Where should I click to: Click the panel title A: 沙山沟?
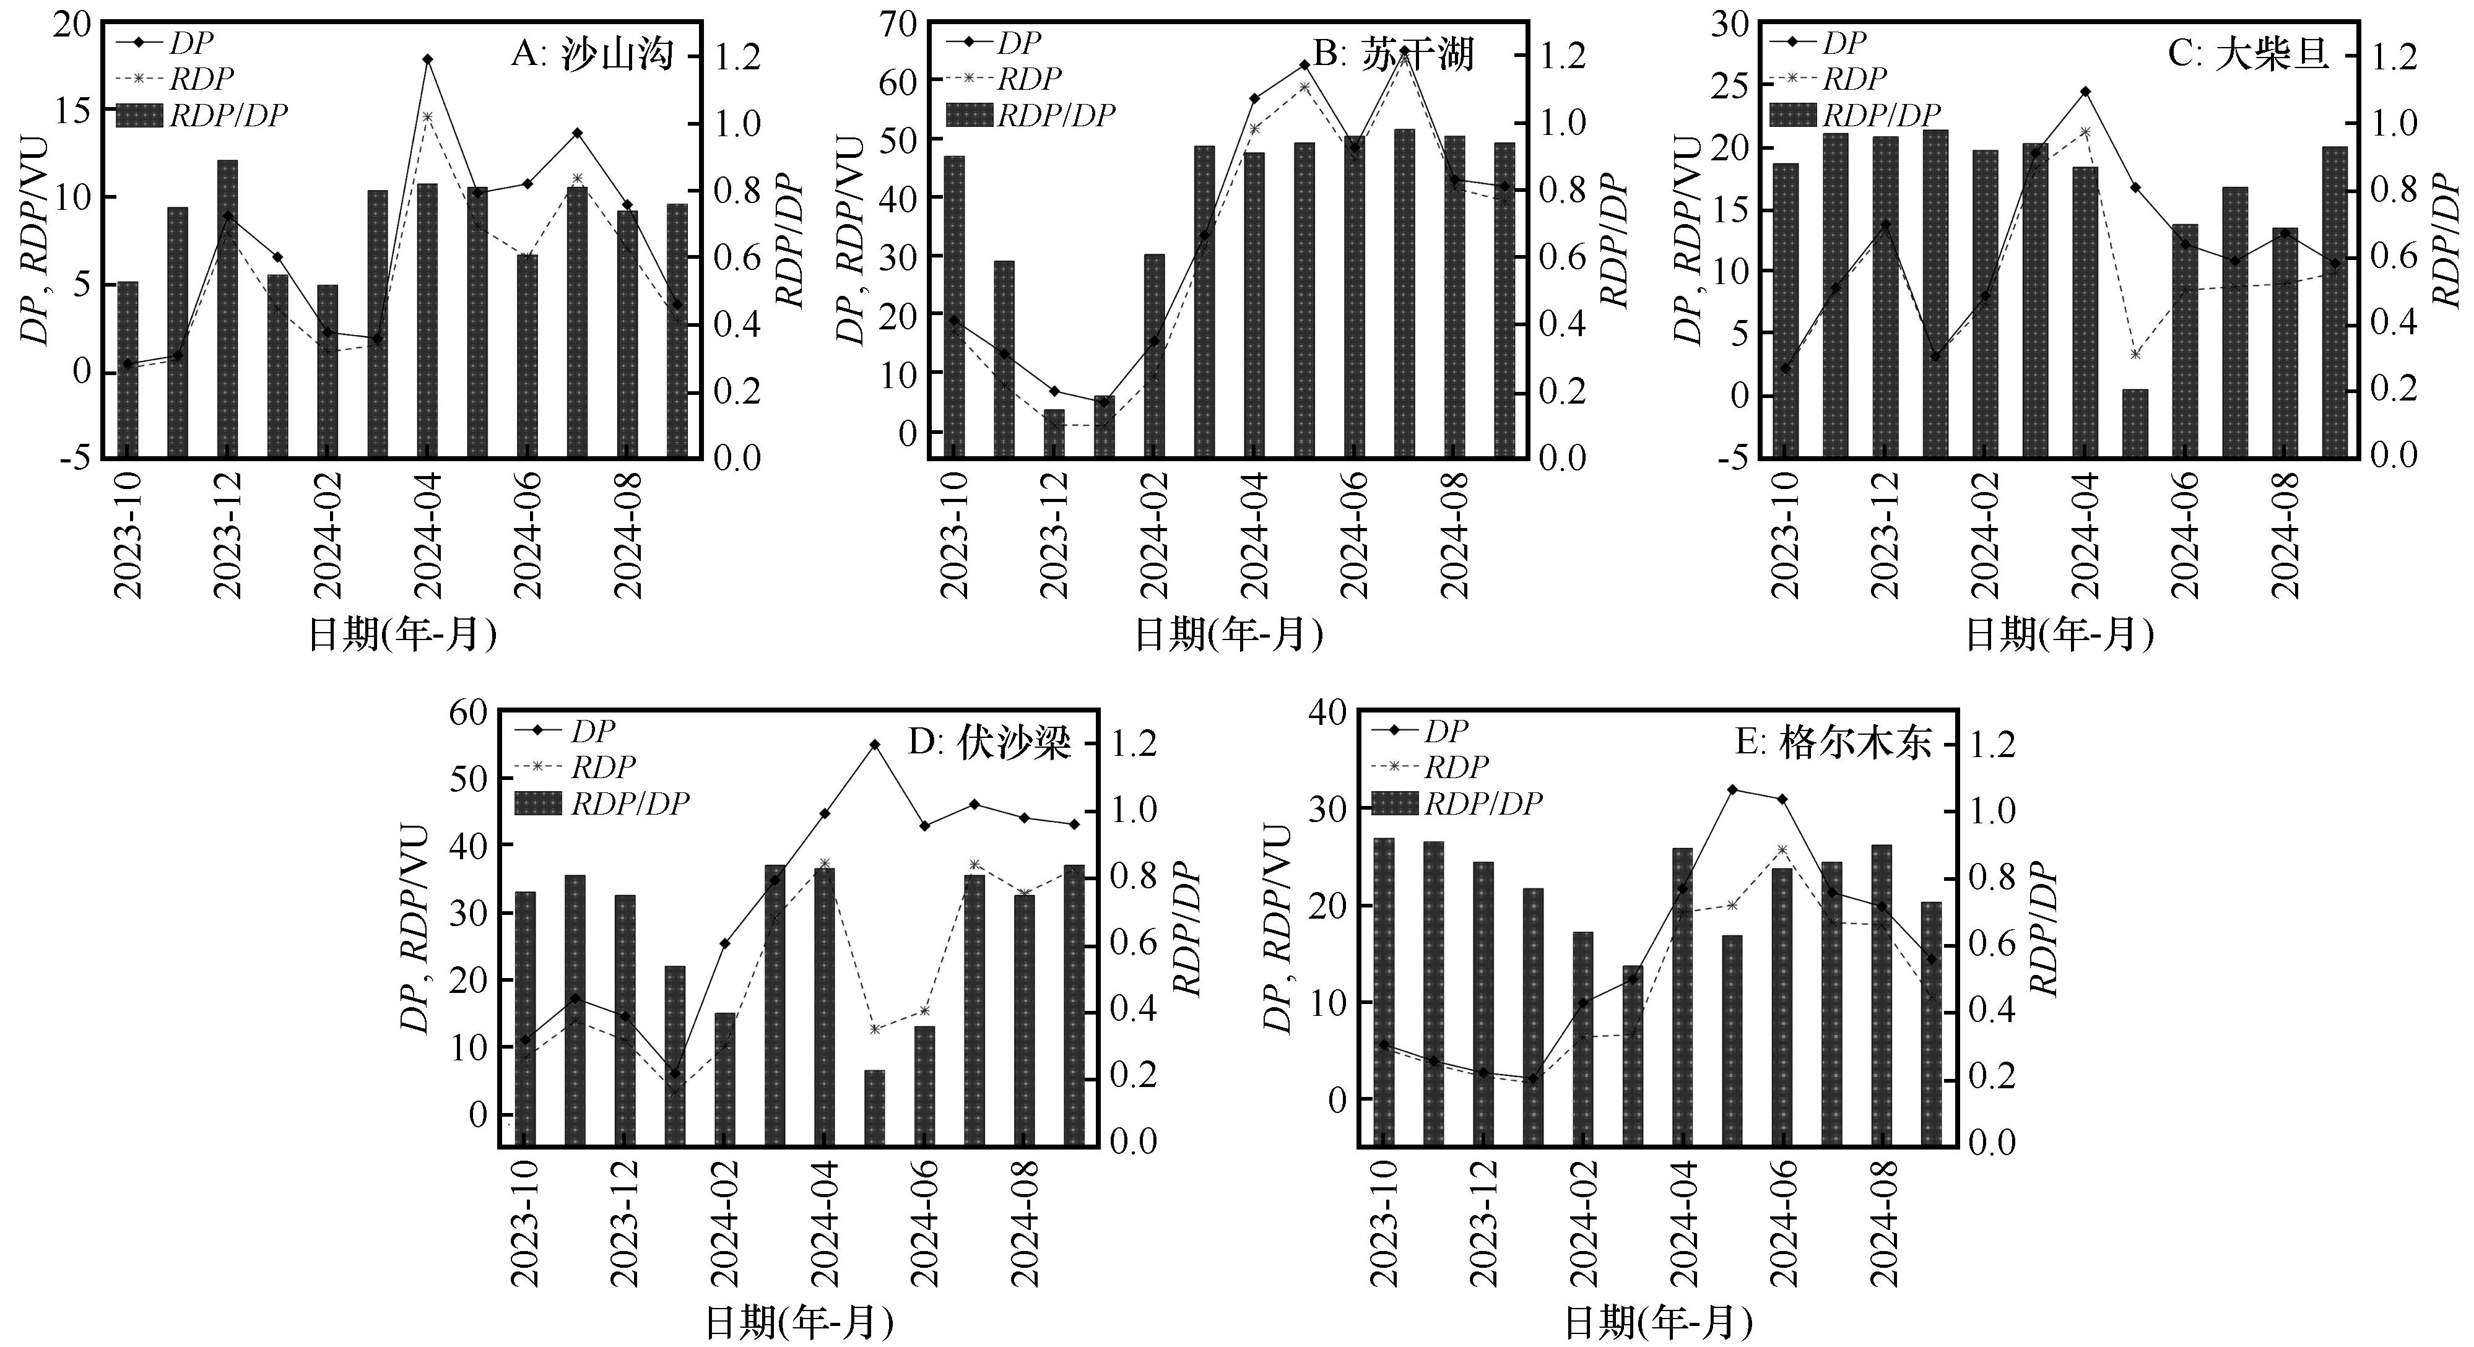pyautogui.click(x=592, y=54)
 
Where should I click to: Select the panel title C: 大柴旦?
pyautogui.click(x=2248, y=54)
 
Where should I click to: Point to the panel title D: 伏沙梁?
pyautogui.click(x=989, y=743)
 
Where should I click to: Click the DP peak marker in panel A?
pyautogui.click(x=427, y=59)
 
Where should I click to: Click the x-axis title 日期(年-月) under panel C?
pyautogui.click(x=2060, y=635)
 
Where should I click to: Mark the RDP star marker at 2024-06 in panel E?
pyautogui.click(x=1782, y=851)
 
